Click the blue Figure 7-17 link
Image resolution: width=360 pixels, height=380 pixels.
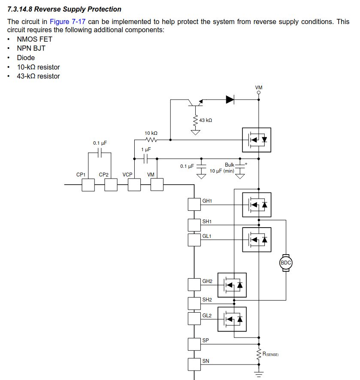[68, 22]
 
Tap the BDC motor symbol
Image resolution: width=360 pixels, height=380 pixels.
[286, 263]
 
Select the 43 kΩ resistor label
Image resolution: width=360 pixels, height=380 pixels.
[206, 120]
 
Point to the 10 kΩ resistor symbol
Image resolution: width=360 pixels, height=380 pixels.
[151, 140]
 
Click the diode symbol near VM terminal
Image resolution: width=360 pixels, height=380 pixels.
[230, 100]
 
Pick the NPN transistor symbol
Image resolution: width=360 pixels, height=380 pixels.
[196, 103]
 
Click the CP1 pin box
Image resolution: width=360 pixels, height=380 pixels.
[88, 185]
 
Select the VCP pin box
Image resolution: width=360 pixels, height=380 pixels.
[134, 185]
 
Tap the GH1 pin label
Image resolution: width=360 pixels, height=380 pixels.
[207, 201]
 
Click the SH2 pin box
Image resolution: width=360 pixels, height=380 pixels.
[194, 304]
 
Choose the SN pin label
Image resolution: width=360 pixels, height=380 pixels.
[206, 361]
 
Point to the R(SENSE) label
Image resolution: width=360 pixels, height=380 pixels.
[271, 354]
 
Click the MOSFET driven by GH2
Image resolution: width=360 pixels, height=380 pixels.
[232, 285]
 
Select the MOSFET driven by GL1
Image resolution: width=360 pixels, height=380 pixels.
[257, 240]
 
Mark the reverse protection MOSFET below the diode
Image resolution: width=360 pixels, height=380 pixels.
[257, 140]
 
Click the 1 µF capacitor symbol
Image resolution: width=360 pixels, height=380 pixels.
[146, 159]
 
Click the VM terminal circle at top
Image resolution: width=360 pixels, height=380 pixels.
[259, 93]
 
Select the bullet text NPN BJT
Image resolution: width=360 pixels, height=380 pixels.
[31, 49]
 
